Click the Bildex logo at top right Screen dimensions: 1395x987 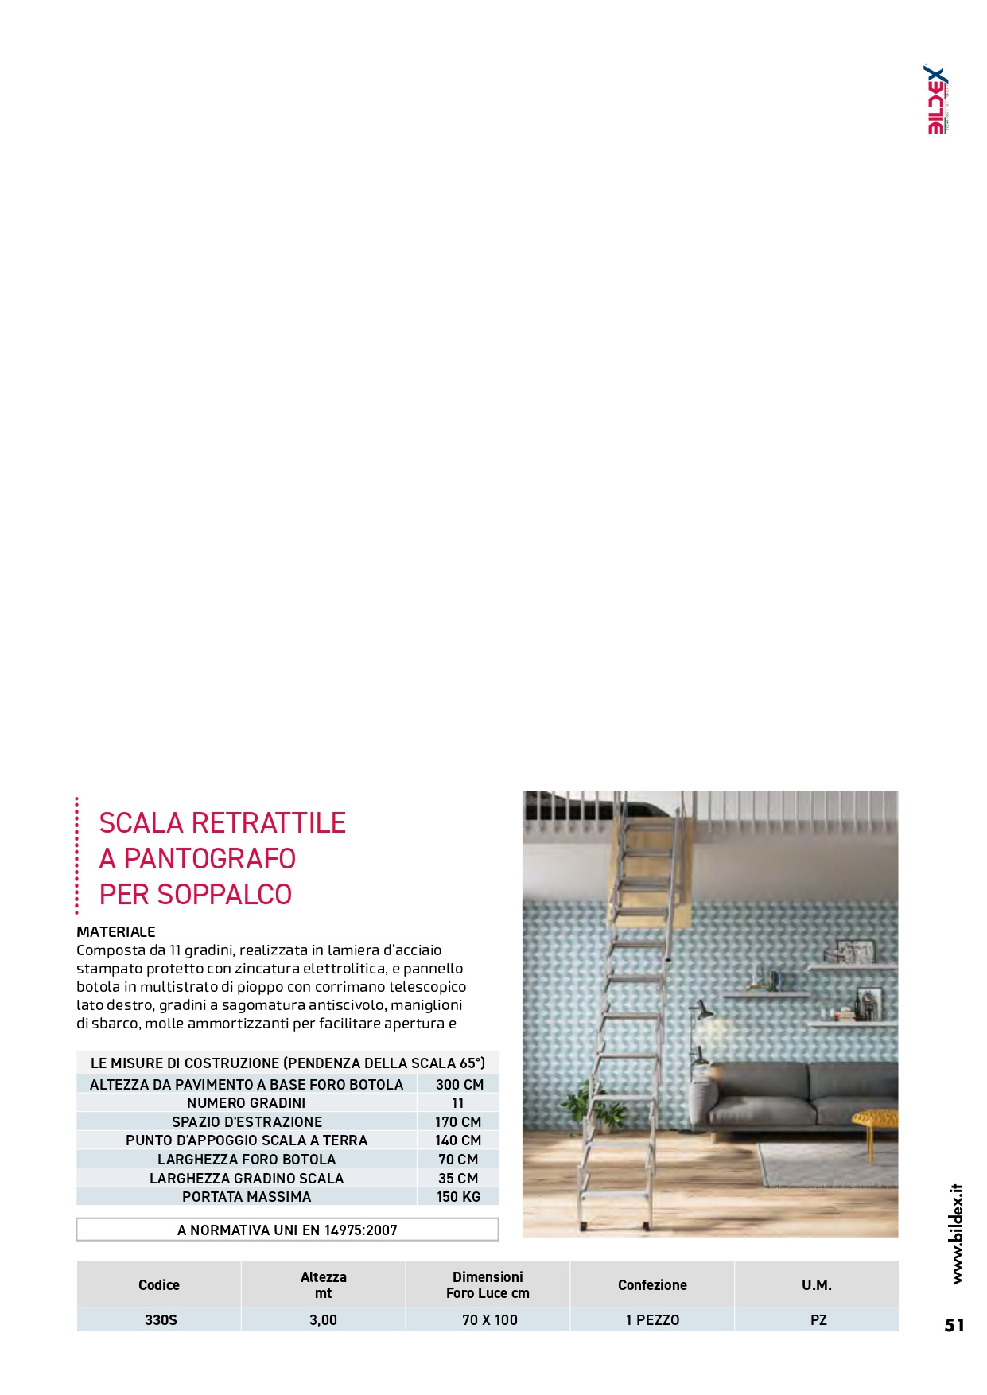[938, 100]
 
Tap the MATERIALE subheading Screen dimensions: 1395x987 [116, 931]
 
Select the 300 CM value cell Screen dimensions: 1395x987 [459, 1084]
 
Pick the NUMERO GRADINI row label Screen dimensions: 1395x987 [246, 1103]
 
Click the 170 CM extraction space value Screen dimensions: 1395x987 [458, 1122]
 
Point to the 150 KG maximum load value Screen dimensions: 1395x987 [458, 1197]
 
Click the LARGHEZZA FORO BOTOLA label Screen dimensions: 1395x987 [247, 1160]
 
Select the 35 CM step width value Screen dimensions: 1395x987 [458, 1179]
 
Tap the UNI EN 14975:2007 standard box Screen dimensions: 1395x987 [287, 1230]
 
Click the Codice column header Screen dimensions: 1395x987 [159, 1284]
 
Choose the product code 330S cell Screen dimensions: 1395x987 [161, 1320]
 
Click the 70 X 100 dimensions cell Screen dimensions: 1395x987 [489, 1320]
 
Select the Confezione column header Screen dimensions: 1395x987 [652, 1284]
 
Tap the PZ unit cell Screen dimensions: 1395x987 [818, 1320]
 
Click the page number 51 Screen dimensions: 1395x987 [954, 1325]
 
